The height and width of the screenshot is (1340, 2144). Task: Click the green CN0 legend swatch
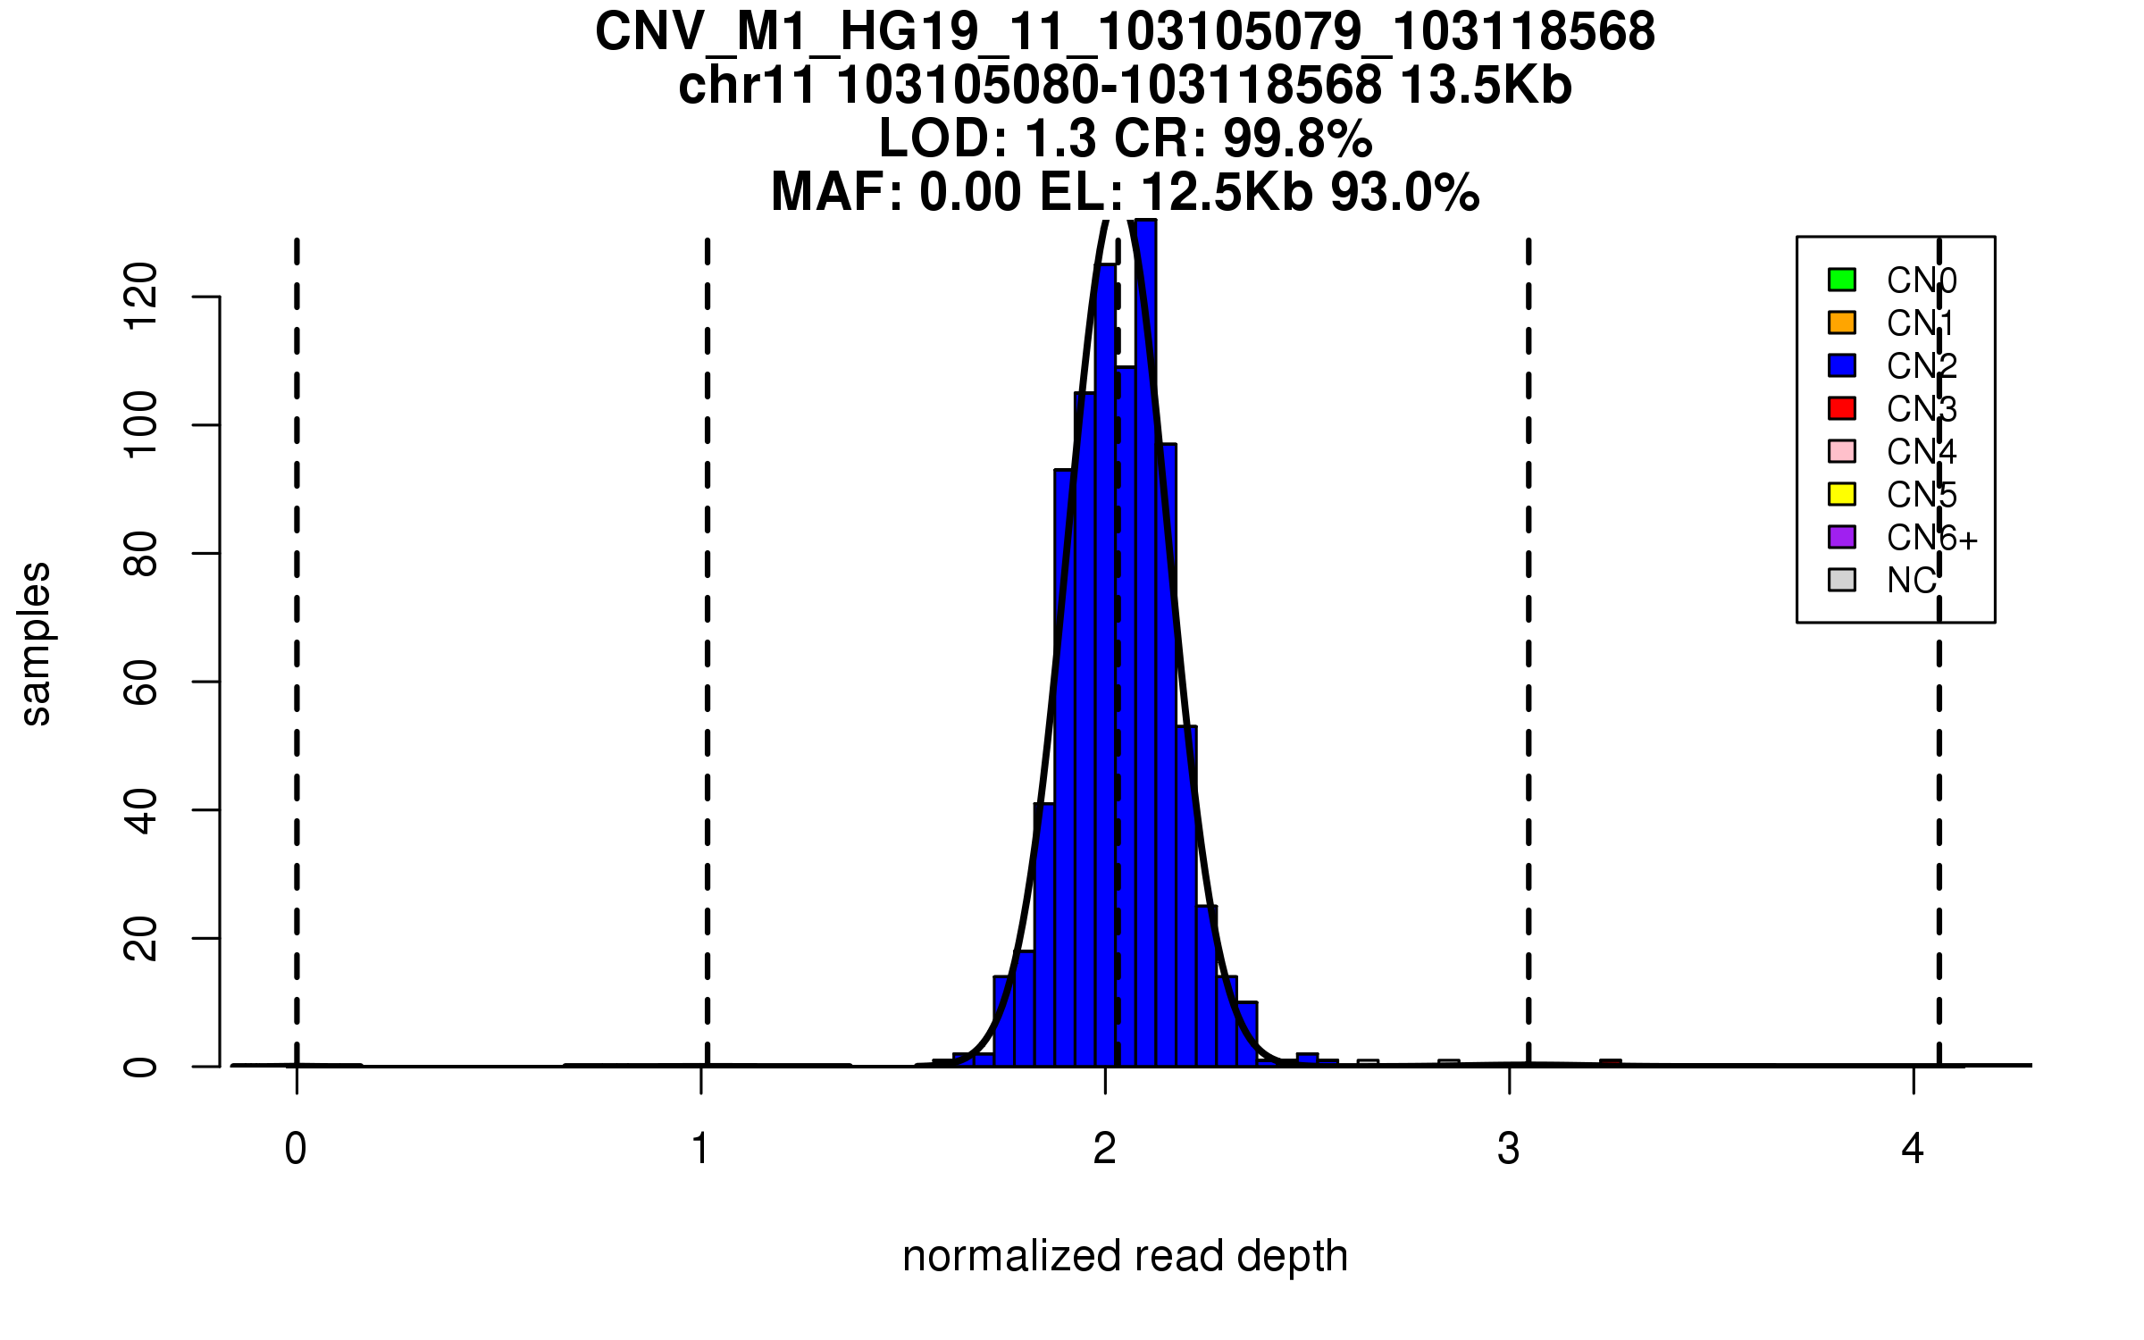pos(1842,280)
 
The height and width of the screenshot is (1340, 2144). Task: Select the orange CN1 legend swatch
pos(1842,322)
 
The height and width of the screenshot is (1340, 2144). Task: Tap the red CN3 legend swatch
pos(1842,408)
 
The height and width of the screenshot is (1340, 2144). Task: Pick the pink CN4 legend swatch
pos(1842,451)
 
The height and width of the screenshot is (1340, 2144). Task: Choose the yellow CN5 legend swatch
pos(1842,494)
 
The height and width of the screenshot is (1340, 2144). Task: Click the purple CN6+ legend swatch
pos(1842,537)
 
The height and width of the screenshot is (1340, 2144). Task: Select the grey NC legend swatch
pos(1842,580)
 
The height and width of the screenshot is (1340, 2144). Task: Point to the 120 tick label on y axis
pos(141,296)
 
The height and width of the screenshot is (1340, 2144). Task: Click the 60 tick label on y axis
pos(141,682)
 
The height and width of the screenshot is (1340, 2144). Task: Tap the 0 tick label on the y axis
pos(141,1067)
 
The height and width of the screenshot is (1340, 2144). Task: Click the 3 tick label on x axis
pos(1509,1149)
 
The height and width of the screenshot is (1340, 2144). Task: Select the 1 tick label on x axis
pos(700,1149)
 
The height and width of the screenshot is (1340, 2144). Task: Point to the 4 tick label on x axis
pos(1913,1149)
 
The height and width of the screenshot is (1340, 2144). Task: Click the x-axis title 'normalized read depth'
pos(1125,1256)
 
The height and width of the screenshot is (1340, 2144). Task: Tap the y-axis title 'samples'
pos(36,643)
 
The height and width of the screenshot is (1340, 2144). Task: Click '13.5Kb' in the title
pos(1485,87)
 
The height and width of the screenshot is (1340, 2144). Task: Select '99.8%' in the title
pos(1297,139)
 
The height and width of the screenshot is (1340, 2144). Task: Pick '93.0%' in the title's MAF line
pos(1404,193)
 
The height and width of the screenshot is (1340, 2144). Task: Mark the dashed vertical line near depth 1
pos(707,625)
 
